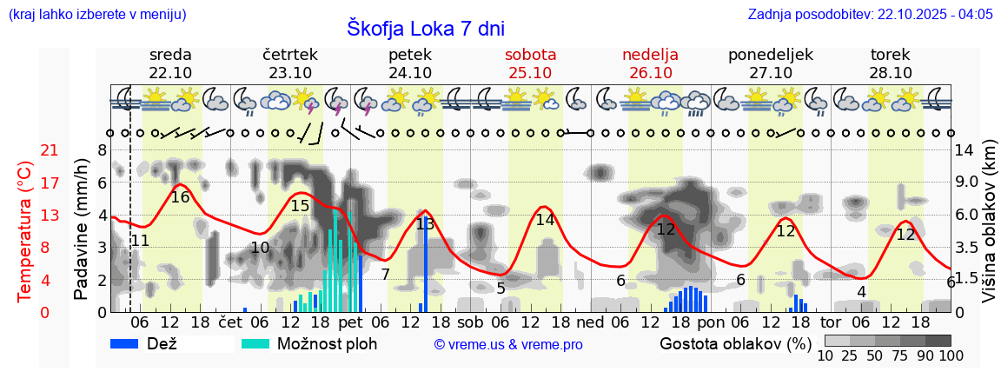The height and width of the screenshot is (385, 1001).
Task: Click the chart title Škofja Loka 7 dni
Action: click(x=425, y=28)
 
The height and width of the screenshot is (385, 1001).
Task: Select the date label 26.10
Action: click(x=650, y=73)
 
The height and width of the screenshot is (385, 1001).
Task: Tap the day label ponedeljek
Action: click(x=770, y=55)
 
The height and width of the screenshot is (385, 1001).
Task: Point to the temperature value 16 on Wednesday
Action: click(x=180, y=197)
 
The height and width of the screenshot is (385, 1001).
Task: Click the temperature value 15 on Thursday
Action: click(x=300, y=206)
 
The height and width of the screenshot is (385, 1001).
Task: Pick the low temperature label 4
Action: click(x=861, y=292)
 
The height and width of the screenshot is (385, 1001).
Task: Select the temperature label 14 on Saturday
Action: click(x=545, y=220)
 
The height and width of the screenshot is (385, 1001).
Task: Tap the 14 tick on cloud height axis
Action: click(x=964, y=150)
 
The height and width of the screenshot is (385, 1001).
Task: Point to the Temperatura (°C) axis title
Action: click(x=26, y=231)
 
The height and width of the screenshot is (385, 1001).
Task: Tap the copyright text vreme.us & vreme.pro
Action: click(x=508, y=345)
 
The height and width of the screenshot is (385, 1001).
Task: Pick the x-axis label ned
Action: click(x=590, y=322)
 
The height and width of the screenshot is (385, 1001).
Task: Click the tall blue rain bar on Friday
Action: click(x=426, y=265)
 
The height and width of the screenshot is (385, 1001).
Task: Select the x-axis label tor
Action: click(x=831, y=322)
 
